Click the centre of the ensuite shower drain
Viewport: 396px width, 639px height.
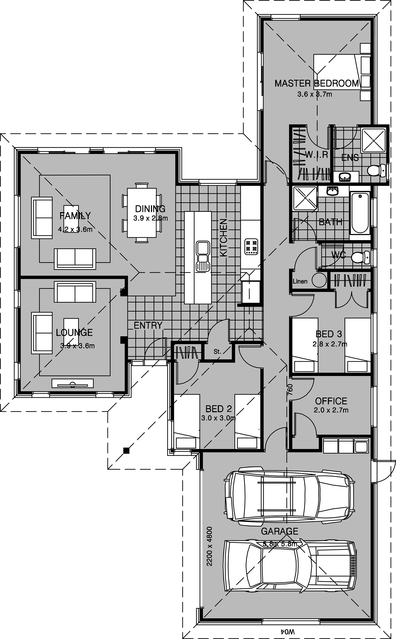(373, 140)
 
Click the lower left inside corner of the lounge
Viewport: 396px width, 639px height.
(21, 391)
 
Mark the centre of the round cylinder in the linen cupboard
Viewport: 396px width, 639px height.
(319, 280)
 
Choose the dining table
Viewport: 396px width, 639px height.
(142, 213)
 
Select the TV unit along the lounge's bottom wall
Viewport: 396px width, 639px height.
(72, 383)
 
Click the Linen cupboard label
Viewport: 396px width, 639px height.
(300, 281)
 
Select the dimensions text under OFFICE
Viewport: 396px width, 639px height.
(331, 410)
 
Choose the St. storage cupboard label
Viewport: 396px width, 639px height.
(217, 352)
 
